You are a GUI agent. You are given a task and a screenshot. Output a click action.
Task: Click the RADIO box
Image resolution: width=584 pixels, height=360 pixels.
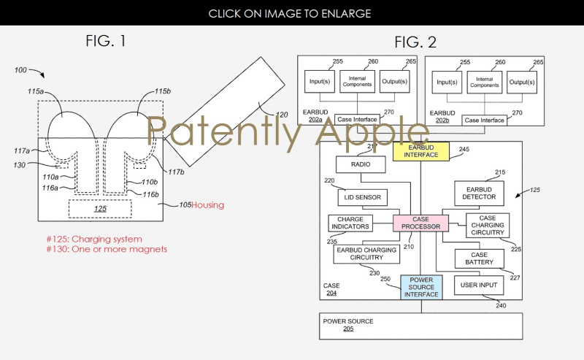(x=360, y=165)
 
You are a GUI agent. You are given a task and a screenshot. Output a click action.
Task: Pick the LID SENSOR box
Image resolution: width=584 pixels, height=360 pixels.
(x=363, y=197)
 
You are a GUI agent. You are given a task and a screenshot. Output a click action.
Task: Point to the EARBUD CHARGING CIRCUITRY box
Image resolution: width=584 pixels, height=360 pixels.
(x=366, y=254)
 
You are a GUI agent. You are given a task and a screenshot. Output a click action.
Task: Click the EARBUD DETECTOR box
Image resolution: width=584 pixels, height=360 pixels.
(x=480, y=192)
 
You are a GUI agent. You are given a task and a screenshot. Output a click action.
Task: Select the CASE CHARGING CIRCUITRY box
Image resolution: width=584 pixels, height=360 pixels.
(x=488, y=226)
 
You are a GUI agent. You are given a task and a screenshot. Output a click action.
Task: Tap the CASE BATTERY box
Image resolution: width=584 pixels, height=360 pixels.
(x=479, y=258)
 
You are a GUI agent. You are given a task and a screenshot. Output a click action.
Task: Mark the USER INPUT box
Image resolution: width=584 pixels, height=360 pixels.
(x=479, y=284)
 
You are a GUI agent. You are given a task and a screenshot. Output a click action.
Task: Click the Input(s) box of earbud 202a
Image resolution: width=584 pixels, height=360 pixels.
(x=320, y=80)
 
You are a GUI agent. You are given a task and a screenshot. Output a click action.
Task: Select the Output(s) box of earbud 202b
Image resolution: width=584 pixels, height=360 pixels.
(x=521, y=80)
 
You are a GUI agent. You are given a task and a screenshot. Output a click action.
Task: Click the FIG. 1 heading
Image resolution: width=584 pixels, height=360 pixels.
(x=105, y=41)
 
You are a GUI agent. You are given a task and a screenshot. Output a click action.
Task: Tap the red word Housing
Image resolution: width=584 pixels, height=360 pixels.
(x=207, y=205)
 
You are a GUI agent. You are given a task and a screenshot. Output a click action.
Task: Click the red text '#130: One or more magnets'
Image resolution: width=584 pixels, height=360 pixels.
(x=107, y=249)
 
